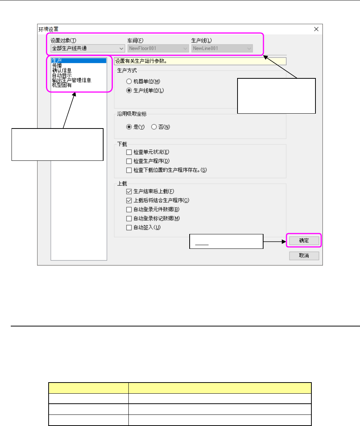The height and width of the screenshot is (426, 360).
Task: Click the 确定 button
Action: (304, 241)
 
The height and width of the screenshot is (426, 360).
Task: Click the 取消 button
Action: (304, 256)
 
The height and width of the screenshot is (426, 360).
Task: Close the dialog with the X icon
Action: (316, 29)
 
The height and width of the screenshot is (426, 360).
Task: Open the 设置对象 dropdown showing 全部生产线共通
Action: (87, 48)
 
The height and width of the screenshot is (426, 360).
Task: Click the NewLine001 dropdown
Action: (222, 48)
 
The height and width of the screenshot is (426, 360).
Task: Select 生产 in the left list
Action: (57, 60)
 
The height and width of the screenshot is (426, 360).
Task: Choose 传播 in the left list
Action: (57, 65)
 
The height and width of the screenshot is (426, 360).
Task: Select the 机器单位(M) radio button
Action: (129, 82)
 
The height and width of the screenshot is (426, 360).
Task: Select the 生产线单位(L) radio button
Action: (129, 91)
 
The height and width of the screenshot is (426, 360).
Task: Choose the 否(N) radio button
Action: (154, 127)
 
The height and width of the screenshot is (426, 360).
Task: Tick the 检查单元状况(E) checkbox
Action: (129, 152)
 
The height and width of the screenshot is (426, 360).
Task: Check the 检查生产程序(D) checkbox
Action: (129, 161)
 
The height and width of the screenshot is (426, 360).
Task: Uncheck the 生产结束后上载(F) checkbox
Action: (129, 191)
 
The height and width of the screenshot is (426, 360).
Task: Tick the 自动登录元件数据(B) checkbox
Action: (129, 209)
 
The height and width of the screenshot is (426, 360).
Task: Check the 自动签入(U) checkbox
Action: (129, 227)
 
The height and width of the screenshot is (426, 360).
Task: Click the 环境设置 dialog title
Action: (49, 29)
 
